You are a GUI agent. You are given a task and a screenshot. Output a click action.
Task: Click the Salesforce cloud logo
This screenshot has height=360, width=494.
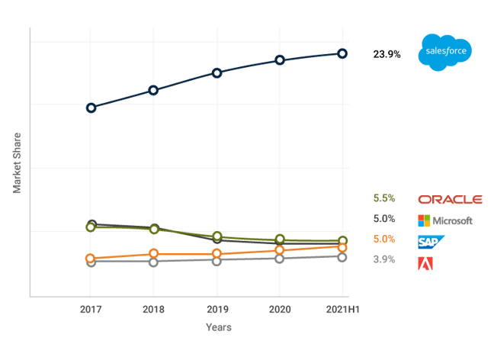pyautogui.click(x=444, y=53)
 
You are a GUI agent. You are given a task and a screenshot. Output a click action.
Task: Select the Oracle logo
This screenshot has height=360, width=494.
pyautogui.click(x=451, y=199)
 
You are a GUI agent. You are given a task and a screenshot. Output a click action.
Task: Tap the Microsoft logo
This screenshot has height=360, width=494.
pyautogui.click(x=445, y=221)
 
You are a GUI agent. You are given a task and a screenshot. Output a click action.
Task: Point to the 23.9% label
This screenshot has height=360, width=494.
pyautogui.click(x=387, y=54)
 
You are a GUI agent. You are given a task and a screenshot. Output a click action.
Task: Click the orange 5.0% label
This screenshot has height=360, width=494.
pyautogui.click(x=383, y=239)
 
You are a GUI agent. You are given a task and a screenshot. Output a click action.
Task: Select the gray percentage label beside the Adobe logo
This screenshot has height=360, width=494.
pyautogui.click(x=383, y=259)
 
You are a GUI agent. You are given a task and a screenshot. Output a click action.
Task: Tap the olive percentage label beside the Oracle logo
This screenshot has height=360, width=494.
pyautogui.click(x=383, y=198)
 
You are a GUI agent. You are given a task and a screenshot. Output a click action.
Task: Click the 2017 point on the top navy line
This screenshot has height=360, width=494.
pyautogui.click(x=91, y=108)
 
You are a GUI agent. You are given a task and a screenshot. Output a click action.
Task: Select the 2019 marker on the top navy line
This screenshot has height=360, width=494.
pyautogui.click(x=217, y=73)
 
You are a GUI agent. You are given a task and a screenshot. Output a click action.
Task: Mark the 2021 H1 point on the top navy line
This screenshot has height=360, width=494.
pyautogui.click(x=343, y=53)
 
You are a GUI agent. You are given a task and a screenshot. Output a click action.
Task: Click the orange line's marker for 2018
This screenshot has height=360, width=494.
pyautogui.click(x=154, y=253)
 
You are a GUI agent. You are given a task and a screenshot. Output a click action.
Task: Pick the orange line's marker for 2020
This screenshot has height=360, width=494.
pyautogui.click(x=280, y=250)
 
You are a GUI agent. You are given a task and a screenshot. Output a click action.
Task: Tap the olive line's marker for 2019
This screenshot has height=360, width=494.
pyautogui.click(x=217, y=236)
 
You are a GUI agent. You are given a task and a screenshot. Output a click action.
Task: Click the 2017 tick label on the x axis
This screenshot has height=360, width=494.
pyautogui.click(x=91, y=310)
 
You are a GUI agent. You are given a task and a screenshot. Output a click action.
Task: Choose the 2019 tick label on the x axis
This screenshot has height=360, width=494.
pyautogui.click(x=217, y=310)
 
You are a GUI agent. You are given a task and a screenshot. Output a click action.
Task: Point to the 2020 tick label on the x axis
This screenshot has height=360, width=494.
pyautogui.click(x=280, y=310)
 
